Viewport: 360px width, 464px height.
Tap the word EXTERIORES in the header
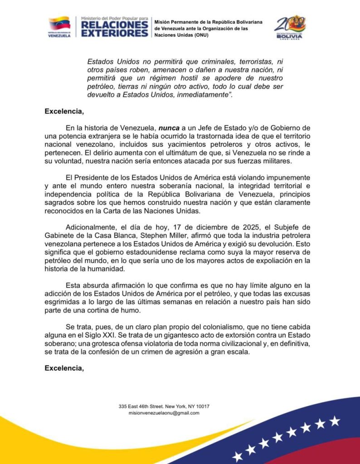click(x=114, y=33)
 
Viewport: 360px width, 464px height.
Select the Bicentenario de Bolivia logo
click(x=290, y=27)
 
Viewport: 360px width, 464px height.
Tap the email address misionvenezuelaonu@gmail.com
click(x=164, y=413)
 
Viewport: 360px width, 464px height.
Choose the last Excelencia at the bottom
click(x=64, y=368)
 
